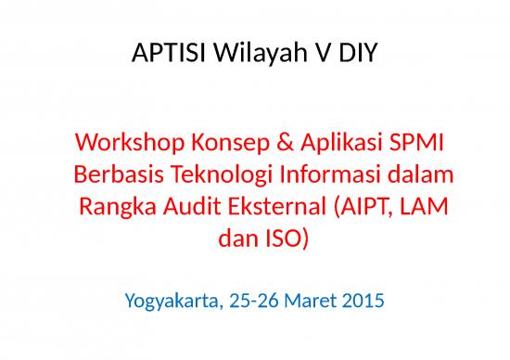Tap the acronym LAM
pos(431,207)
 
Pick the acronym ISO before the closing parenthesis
pos(281,238)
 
